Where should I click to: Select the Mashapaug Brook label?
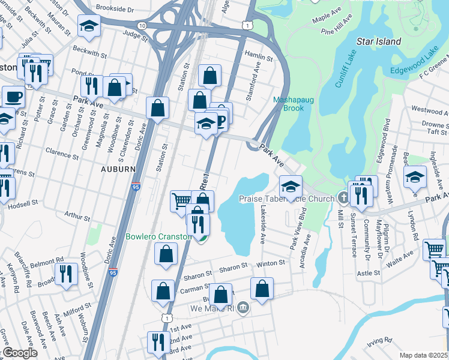tap(288, 104)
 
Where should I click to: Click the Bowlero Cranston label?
tap(158, 236)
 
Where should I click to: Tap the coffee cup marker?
tap(13, 97)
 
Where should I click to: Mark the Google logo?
tap(20, 353)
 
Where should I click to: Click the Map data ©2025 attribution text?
tap(424, 355)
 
